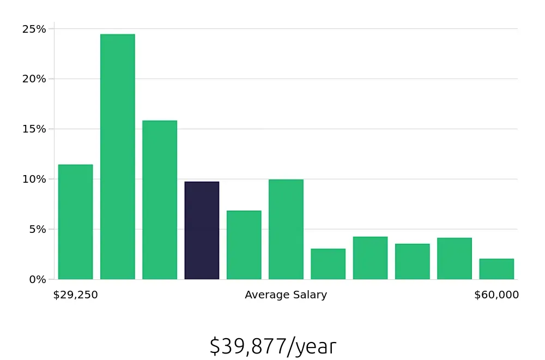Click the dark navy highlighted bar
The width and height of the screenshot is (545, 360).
202,230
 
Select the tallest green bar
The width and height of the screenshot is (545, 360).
117,157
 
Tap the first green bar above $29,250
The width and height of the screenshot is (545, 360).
75,221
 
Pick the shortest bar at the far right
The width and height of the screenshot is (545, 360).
496,269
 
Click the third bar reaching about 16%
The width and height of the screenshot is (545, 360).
160,200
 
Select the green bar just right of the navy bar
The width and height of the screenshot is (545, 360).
244,245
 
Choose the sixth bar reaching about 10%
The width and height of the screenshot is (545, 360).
286,229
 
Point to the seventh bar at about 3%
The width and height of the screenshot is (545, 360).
328,264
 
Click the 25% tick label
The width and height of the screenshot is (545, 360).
34,29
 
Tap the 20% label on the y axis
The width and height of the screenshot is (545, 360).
34,79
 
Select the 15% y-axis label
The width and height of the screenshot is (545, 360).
34,129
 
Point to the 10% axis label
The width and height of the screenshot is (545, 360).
34,179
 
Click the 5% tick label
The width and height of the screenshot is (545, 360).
37,229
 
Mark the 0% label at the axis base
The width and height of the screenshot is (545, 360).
37,279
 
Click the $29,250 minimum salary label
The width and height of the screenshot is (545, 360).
75,295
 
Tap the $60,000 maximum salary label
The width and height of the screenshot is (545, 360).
496,295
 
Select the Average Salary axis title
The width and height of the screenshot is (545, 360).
286,295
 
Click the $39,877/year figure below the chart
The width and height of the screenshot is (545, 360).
272,346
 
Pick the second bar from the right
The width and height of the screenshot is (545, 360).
455,259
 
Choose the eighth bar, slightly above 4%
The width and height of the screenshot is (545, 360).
370,258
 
